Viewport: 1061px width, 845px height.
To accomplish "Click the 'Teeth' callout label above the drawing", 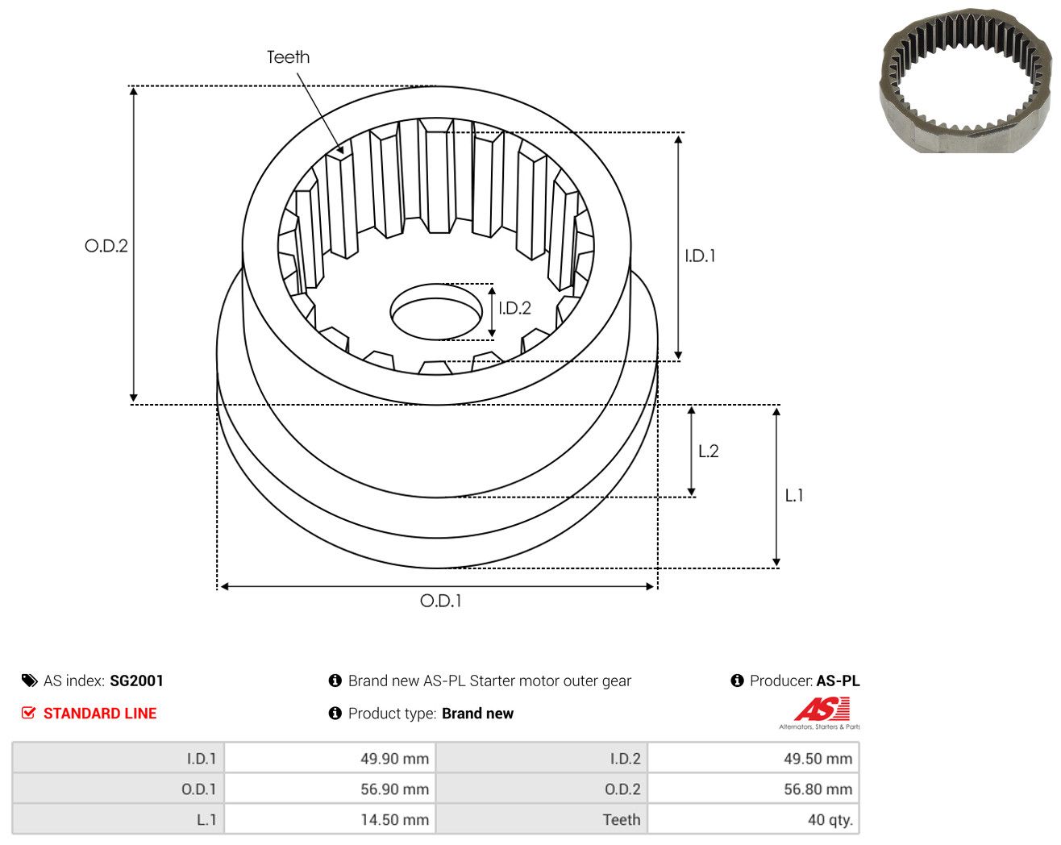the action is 288,57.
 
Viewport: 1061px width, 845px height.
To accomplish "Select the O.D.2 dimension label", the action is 106,245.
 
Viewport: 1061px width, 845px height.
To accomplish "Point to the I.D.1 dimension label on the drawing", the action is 700,256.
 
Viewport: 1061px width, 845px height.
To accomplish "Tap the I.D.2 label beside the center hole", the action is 514,308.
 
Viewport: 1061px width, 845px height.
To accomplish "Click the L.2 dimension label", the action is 709,451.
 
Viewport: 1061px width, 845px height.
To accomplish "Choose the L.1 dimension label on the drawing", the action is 794,495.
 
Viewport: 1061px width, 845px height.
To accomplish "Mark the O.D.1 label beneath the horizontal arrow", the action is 440,601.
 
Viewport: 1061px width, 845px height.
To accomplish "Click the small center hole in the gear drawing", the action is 436,312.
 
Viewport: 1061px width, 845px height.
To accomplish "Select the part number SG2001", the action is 136,681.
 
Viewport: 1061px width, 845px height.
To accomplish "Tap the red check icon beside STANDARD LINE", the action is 28,713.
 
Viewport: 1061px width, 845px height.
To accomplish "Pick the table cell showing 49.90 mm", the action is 330,758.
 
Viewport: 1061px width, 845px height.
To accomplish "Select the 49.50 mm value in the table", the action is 753,758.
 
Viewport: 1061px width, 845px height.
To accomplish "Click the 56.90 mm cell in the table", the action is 330,789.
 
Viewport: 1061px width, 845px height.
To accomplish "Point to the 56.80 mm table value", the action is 753,789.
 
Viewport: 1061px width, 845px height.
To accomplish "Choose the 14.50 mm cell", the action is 330,819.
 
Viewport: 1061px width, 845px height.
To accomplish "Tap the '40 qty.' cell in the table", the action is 753,819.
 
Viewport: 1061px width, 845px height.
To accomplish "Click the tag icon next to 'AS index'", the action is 30,681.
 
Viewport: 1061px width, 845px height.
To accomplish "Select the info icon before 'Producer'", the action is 737,681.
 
